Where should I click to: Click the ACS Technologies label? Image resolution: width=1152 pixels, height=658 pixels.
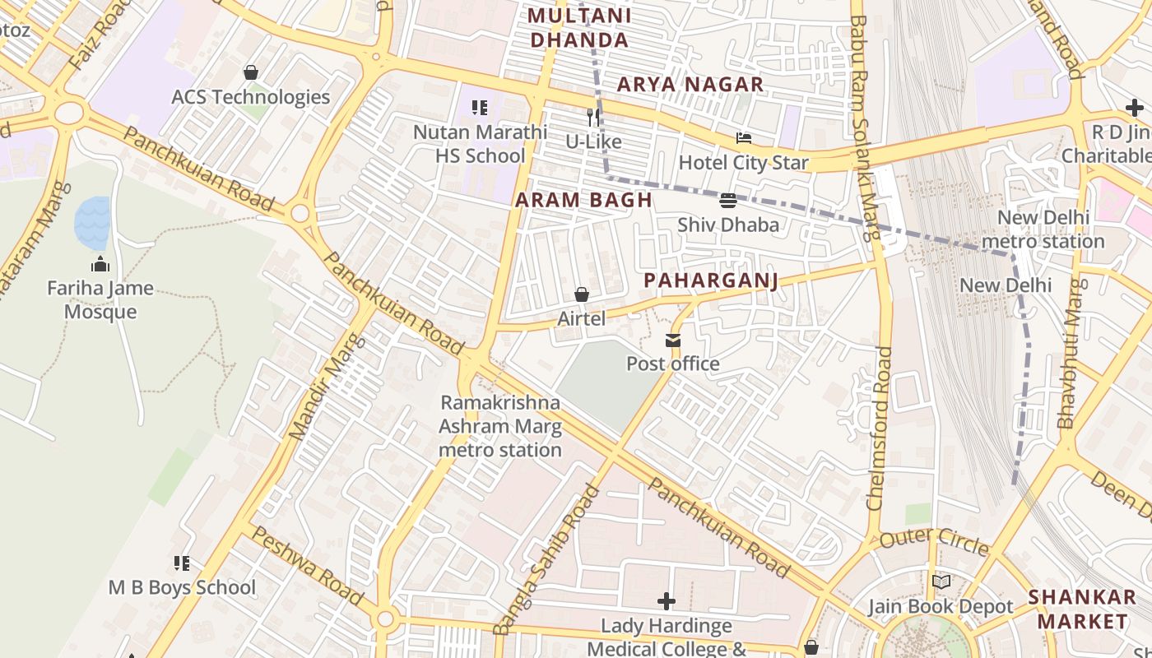click(x=250, y=97)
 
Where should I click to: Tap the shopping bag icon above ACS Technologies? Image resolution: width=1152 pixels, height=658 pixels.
click(x=251, y=72)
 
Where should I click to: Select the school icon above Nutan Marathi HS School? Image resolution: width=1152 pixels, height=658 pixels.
click(x=480, y=107)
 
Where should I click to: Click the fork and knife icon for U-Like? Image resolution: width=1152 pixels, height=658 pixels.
click(x=592, y=118)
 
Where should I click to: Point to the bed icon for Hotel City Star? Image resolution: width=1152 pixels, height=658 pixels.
click(x=744, y=138)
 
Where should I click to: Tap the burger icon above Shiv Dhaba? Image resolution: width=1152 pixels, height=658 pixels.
click(x=728, y=200)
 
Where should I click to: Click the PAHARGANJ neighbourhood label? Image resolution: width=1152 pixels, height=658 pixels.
click(x=710, y=280)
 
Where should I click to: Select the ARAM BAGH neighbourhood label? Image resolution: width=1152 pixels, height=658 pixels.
click(x=583, y=200)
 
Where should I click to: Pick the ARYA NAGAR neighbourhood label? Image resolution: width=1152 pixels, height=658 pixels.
click(x=690, y=84)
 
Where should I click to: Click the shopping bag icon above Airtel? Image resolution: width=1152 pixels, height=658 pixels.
click(x=582, y=294)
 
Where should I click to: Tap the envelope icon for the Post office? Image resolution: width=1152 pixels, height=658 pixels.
click(x=673, y=340)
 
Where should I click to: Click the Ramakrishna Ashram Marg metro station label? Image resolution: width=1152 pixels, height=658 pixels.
click(x=500, y=426)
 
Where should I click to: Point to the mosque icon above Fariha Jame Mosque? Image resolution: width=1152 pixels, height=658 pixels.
click(x=100, y=264)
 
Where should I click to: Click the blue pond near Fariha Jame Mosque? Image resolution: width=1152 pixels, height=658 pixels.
click(x=92, y=223)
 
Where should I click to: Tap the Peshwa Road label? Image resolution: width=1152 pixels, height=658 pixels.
click(x=306, y=565)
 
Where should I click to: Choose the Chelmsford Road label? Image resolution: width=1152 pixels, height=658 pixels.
click(x=880, y=428)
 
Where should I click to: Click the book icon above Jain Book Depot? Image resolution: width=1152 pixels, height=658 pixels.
click(x=941, y=582)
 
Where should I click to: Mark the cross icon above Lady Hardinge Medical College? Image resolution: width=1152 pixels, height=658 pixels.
click(x=667, y=601)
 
